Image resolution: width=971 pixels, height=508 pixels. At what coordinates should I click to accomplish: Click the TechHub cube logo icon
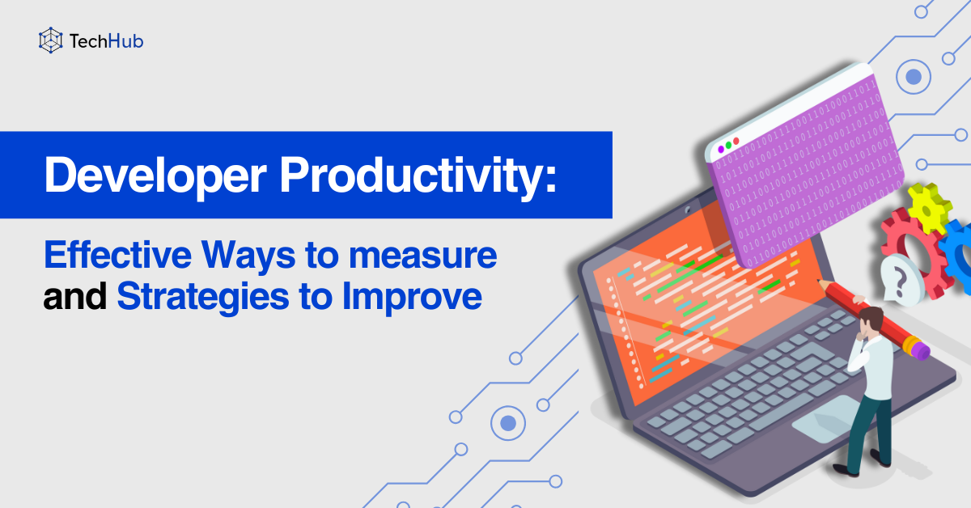[51, 40]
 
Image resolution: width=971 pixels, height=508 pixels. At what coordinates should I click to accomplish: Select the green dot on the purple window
[727, 145]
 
